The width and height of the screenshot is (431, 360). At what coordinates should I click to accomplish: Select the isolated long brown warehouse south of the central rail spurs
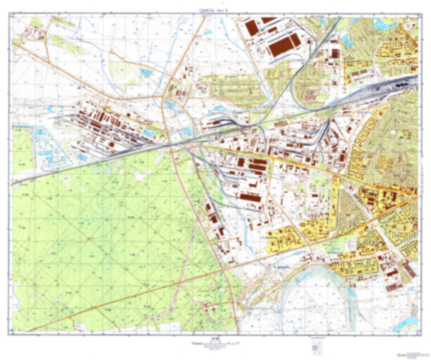(x=250, y=197)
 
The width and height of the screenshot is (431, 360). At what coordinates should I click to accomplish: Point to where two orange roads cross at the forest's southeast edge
(x=223, y=270)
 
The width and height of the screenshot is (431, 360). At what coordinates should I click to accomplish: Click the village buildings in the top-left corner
(x=34, y=33)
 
